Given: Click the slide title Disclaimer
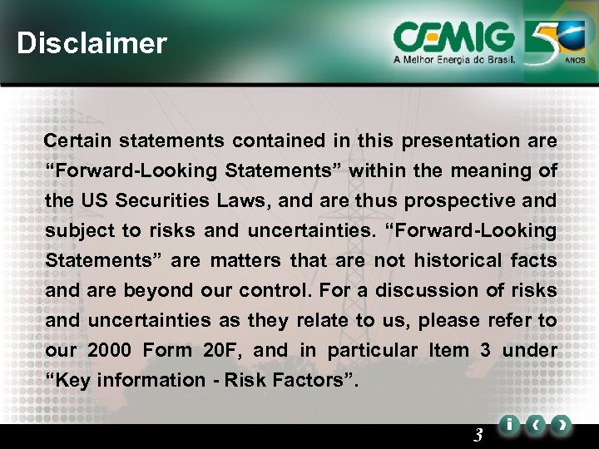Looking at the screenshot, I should pyautogui.click(x=92, y=43).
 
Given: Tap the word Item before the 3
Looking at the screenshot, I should pyautogui.click(x=448, y=351).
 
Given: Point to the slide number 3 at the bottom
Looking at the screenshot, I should pyautogui.click(x=478, y=433).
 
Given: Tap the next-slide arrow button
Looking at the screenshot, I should pyautogui.click(x=563, y=425).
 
